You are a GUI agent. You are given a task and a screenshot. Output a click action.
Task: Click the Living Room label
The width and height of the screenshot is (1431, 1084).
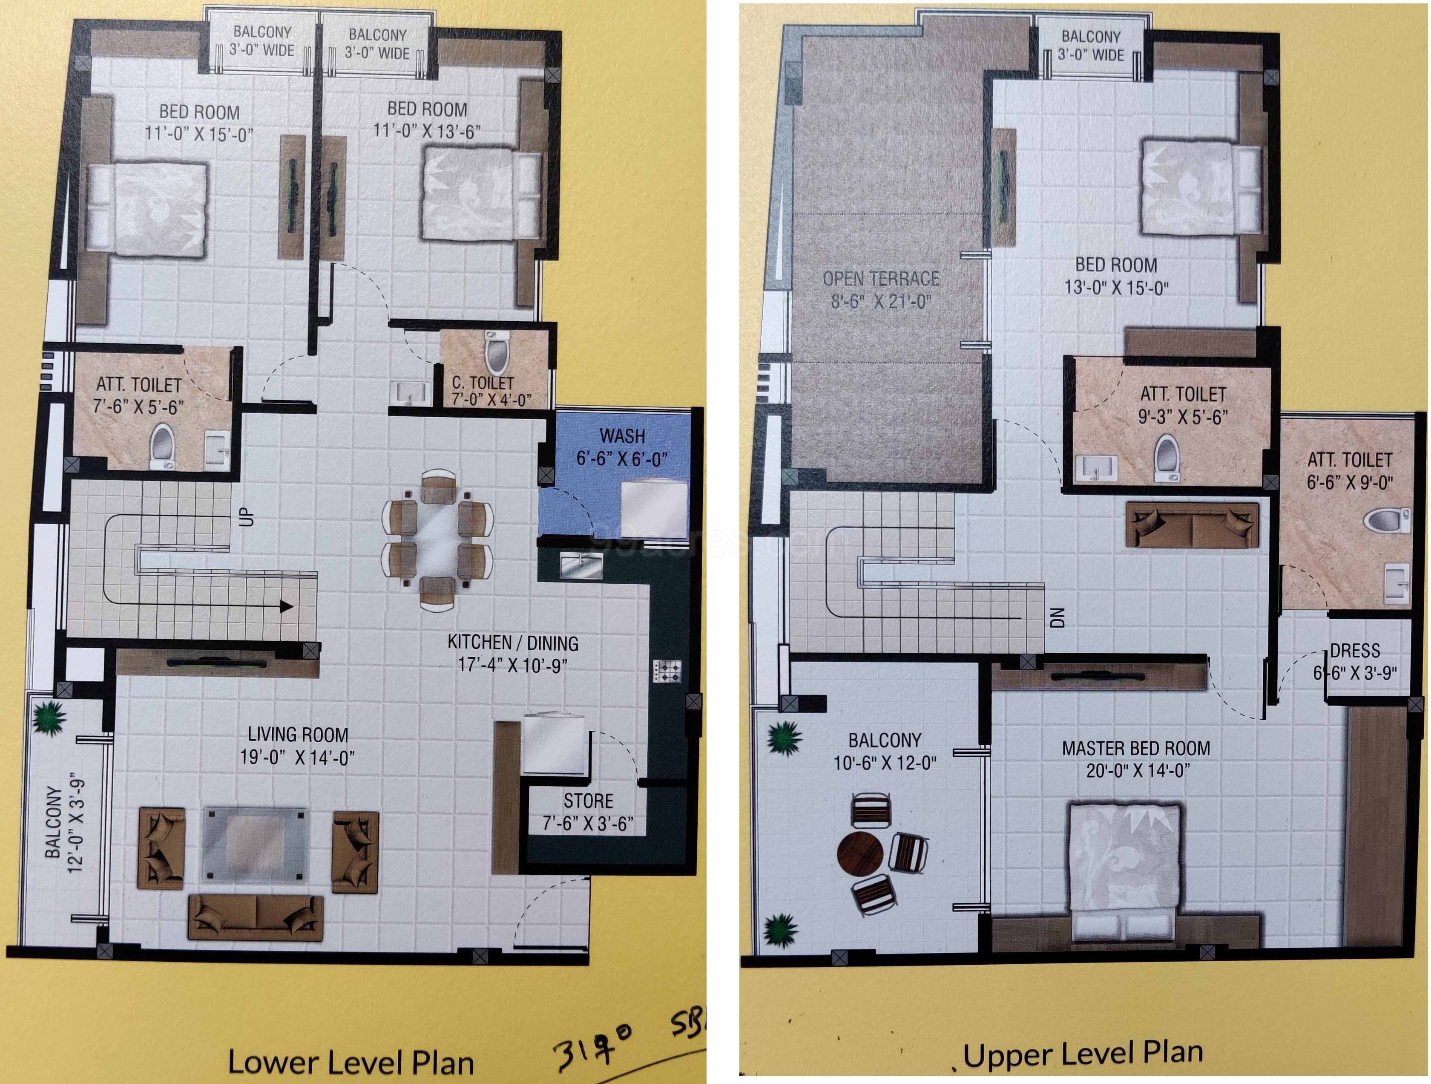[x=298, y=735]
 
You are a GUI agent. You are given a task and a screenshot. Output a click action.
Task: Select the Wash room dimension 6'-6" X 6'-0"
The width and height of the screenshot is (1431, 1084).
[x=622, y=459]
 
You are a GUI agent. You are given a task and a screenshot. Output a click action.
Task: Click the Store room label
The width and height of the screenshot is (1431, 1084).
[x=588, y=801]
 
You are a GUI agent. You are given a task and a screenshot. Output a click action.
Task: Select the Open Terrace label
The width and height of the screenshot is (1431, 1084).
[x=880, y=279]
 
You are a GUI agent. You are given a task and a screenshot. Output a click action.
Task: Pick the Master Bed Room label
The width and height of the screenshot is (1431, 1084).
[x=1136, y=748]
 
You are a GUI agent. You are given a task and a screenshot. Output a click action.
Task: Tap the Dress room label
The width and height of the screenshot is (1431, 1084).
[x=1355, y=650]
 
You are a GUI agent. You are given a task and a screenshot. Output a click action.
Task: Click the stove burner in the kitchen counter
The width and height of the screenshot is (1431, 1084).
[x=667, y=670]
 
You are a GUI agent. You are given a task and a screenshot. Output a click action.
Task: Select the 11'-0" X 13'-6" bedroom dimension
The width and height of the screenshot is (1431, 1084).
[x=427, y=131]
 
